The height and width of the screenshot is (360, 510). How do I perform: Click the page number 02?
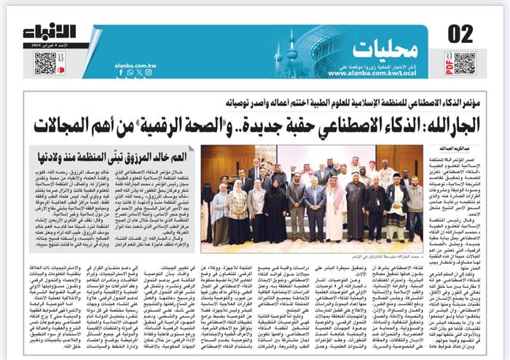click(x=460, y=33)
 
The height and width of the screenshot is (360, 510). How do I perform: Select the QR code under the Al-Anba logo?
click(x=44, y=63)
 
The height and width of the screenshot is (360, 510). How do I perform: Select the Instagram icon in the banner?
click(x=149, y=72)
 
